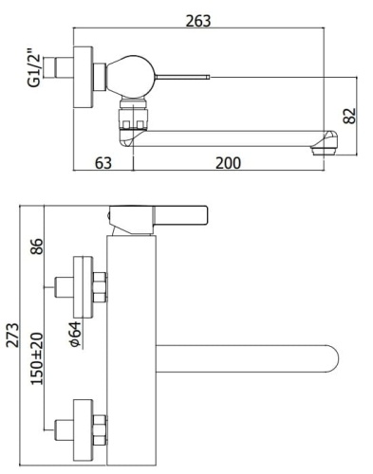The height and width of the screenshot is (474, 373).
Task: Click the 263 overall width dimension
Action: [x=197, y=20]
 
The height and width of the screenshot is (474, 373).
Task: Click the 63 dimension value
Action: [x=103, y=162]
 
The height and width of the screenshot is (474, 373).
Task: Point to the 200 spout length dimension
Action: [x=228, y=162]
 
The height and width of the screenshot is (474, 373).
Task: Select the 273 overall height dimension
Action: [x=12, y=332]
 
